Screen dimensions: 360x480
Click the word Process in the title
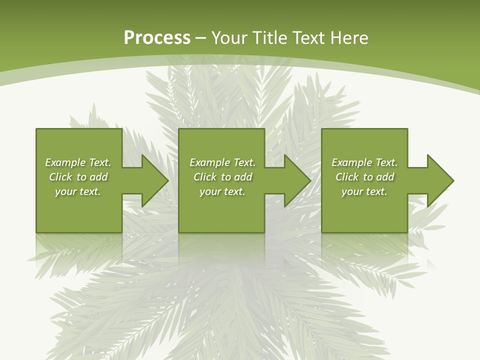(x=157, y=38)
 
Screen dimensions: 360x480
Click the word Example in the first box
(x=65, y=162)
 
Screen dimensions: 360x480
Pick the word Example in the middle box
(x=209, y=162)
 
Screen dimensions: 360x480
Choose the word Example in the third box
(x=351, y=162)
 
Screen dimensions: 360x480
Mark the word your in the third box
(x=352, y=191)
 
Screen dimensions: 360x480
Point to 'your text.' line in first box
(x=78, y=191)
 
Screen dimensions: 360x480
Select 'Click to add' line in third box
(x=364, y=177)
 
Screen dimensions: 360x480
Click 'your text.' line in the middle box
(x=222, y=191)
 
